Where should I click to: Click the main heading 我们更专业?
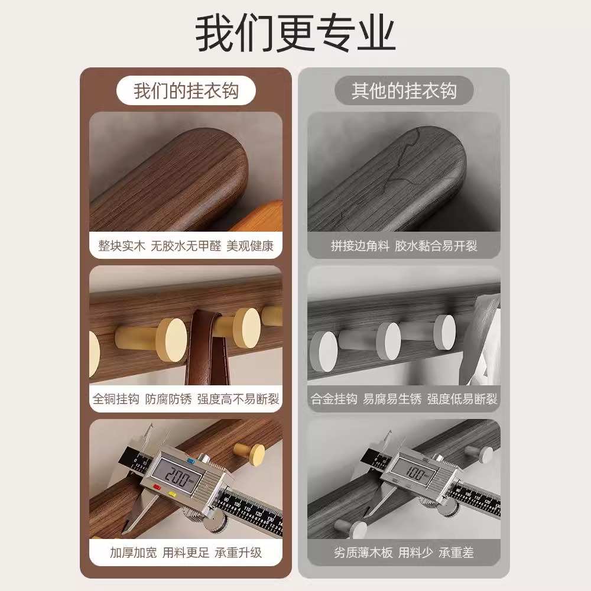click(x=295, y=34)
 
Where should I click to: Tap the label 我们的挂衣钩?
click(x=186, y=91)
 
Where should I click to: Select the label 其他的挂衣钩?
click(x=404, y=91)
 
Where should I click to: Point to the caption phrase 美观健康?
click(x=250, y=246)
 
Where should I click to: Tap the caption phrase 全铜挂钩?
click(x=115, y=399)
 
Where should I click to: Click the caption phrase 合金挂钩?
click(x=335, y=399)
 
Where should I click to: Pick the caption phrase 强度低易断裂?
click(x=462, y=399)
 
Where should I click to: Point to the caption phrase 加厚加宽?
click(x=133, y=553)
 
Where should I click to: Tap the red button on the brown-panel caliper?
click(x=157, y=488)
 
